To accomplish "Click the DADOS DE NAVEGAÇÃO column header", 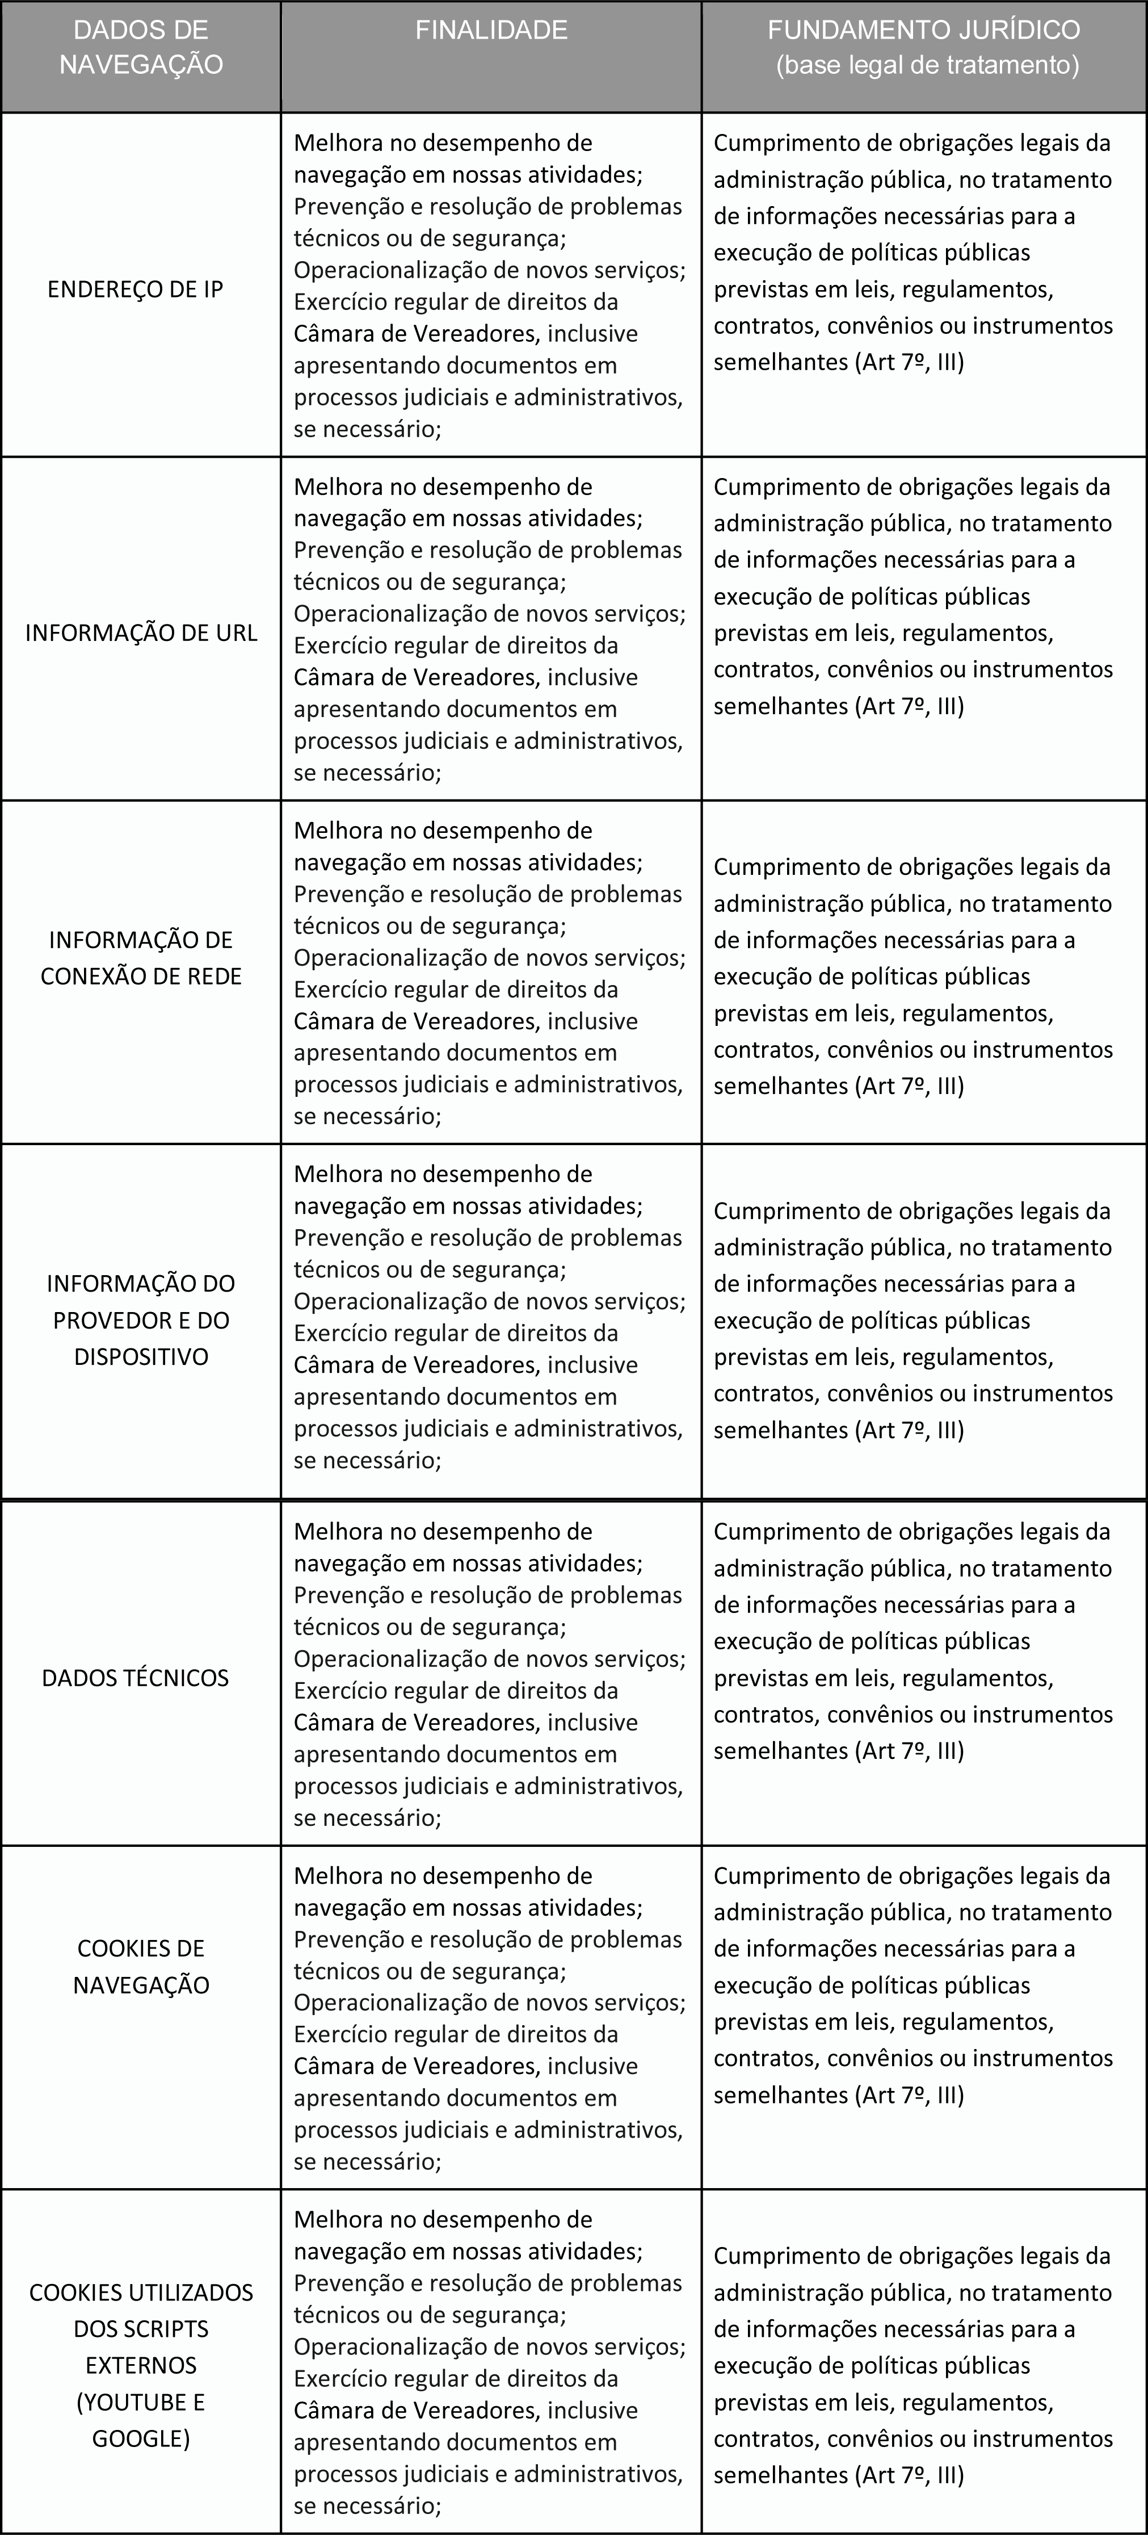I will pyautogui.click(x=141, y=47).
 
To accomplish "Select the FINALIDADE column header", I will pyautogui.click(x=491, y=31).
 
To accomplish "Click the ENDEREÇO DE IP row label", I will pyautogui.click(x=136, y=290).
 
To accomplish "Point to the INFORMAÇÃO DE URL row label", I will pyautogui.click(x=141, y=633).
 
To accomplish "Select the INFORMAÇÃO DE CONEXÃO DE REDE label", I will pyautogui.click(x=141, y=958).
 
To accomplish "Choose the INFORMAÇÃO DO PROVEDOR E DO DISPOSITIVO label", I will pyautogui.click(x=141, y=1319).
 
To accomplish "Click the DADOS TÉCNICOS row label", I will pyautogui.click(x=136, y=1678).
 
